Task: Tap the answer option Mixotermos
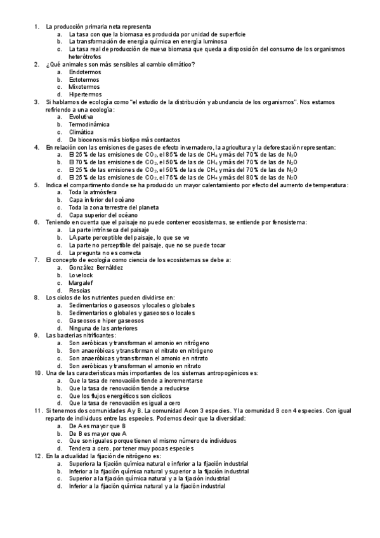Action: [x=84, y=87]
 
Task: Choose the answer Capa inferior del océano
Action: [x=102, y=199]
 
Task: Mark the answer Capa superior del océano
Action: [x=102, y=214]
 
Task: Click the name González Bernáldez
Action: [x=96, y=268]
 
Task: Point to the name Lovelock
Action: [x=81, y=275]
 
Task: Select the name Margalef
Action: [x=82, y=282]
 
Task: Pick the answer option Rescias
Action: [x=79, y=290]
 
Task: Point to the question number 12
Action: [x=37, y=456]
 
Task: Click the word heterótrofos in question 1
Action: [x=86, y=56]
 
